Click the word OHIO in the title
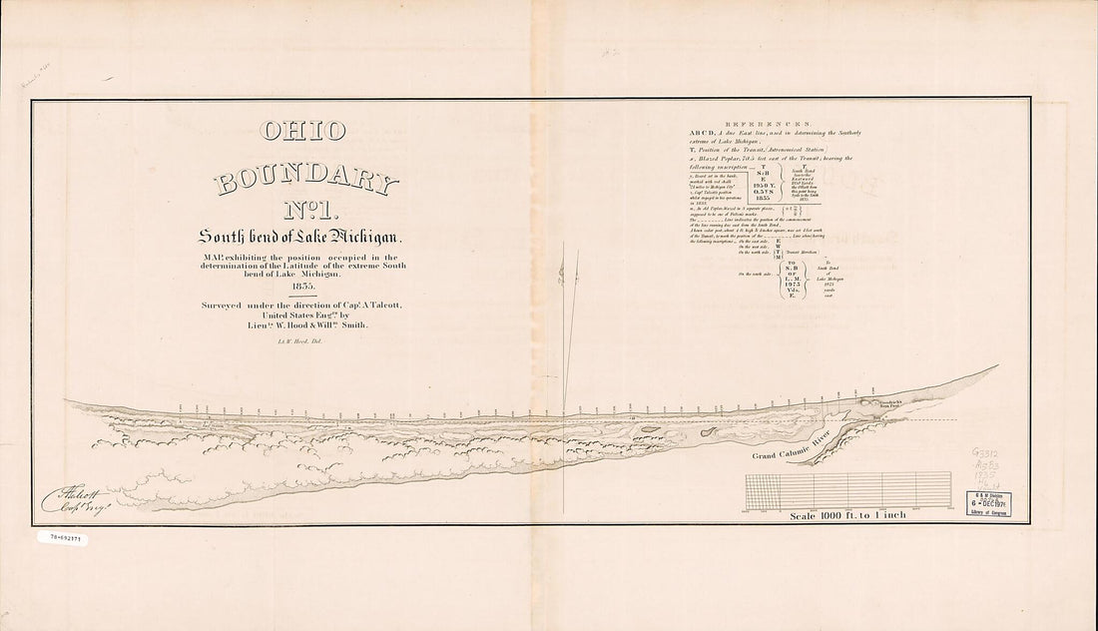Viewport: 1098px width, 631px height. click(302, 133)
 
